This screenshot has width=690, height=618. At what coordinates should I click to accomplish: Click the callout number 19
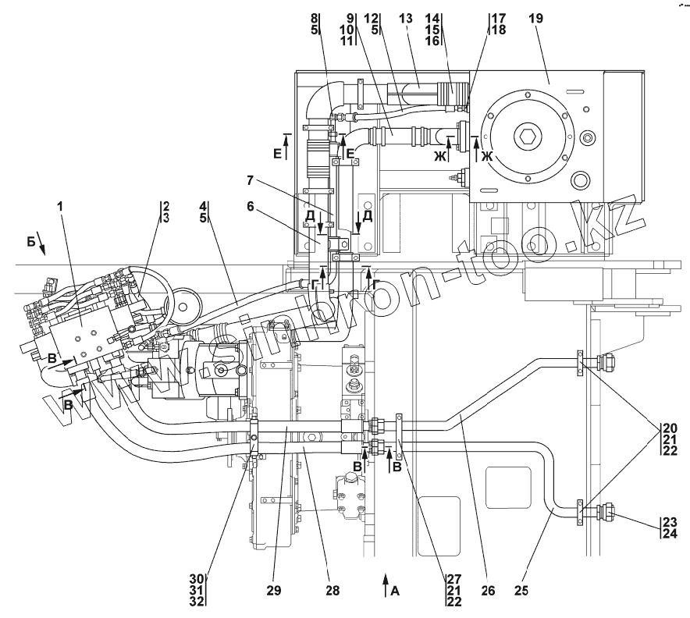[536, 19]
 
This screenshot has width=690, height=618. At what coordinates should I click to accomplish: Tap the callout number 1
[60, 206]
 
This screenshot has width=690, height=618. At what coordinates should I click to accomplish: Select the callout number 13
[405, 19]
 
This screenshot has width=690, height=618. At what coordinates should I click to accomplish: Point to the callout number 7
[250, 180]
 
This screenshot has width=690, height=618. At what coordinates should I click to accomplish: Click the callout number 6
[250, 206]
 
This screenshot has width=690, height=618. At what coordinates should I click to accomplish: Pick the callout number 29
[274, 590]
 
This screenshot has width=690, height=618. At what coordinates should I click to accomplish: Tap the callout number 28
[333, 590]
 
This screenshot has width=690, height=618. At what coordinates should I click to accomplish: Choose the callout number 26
[488, 590]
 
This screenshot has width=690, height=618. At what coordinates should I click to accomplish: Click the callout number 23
[670, 522]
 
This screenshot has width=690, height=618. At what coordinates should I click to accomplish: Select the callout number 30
[197, 579]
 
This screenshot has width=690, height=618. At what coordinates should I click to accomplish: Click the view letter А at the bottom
[395, 591]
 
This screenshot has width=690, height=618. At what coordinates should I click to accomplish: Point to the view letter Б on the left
[30, 241]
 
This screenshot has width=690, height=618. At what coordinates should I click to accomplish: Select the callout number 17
[498, 19]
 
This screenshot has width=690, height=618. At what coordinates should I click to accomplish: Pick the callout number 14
[432, 19]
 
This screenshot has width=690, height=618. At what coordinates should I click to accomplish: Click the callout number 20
[670, 428]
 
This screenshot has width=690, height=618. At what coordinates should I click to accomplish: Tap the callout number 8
[314, 19]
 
